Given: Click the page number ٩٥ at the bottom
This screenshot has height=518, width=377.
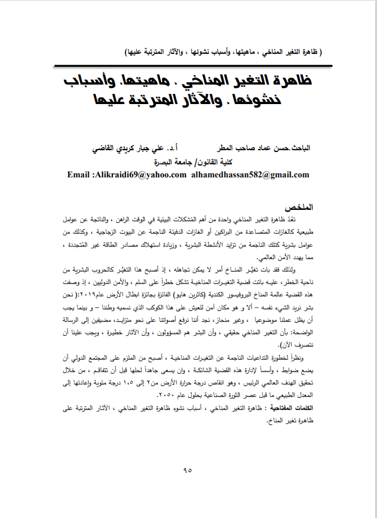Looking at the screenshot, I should (x=188, y=471).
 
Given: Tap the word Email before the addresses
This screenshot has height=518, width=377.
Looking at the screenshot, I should (x=80, y=175).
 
